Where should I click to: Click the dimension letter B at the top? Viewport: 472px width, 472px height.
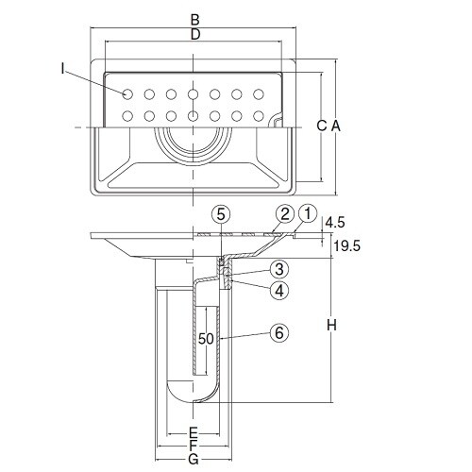(195, 20)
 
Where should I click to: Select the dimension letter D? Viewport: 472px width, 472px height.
(195, 34)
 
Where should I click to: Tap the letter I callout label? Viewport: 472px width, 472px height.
(63, 69)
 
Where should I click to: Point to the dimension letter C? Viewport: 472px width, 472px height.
(322, 126)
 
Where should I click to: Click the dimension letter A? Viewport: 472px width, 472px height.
(336, 126)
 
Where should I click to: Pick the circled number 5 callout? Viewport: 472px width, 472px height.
(221, 215)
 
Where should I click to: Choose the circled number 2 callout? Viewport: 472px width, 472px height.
(285, 214)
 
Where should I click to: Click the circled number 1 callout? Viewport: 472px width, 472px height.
(308, 214)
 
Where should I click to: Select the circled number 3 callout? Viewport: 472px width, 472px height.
(279, 269)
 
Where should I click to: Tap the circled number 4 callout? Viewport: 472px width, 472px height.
(279, 290)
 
